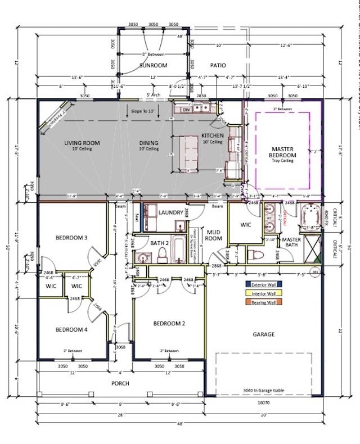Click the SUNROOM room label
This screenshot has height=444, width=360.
coord(153,66)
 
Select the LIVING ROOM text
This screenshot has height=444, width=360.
coord(82,143)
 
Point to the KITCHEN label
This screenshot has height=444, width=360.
coord(212,136)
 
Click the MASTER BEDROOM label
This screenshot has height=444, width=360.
coord(282,152)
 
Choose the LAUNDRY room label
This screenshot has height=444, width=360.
coord(171,212)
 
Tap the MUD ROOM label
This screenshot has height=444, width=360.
coord(213,234)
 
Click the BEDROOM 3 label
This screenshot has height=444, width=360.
coord(71,238)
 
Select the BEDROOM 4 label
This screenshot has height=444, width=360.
coord(71,329)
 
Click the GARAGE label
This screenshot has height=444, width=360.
coord(263,334)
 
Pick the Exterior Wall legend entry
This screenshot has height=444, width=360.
coord(263,285)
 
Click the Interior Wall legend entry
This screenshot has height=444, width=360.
coord(263,293)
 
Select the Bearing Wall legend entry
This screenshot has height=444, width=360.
coord(263,302)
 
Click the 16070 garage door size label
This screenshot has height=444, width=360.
coord(264,403)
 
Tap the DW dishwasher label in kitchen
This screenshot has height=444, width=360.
coord(186,110)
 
